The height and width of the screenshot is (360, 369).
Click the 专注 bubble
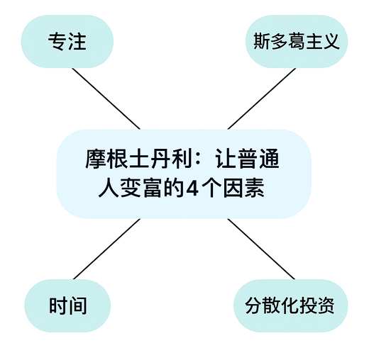[67, 42]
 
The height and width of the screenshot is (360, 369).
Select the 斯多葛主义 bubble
[297, 42]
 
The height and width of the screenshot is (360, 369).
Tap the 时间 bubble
[67, 305]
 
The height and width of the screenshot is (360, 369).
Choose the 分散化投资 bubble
[291, 305]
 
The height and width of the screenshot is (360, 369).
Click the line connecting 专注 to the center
[106, 99]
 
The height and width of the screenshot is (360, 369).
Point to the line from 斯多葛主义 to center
[262, 99]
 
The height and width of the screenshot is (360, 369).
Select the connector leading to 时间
[107, 249]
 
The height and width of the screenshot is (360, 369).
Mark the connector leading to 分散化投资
[261, 249]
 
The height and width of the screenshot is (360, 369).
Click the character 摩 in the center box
[96, 159]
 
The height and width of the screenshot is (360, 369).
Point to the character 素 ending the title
[255, 189]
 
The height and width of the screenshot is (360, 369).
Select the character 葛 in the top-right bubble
[297, 42]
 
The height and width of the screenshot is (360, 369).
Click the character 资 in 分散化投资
[326, 305]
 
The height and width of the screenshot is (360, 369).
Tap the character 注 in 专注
[77, 42]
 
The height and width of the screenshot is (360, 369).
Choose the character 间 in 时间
[77, 305]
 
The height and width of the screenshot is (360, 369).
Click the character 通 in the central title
[269, 159]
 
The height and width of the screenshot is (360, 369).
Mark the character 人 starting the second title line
[109, 189]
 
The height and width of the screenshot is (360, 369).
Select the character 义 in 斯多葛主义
[331, 42]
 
